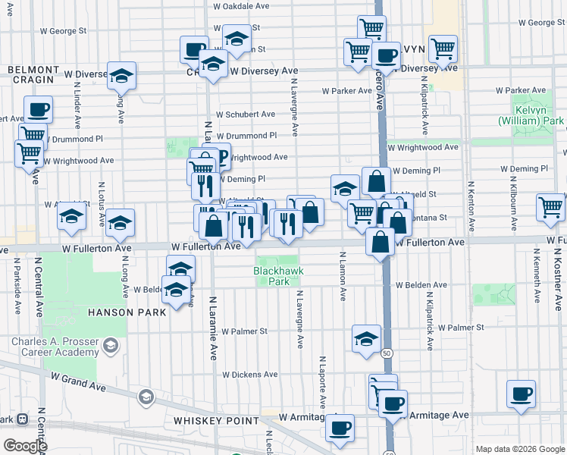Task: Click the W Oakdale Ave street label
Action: point(241,5)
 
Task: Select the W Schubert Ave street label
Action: point(245,115)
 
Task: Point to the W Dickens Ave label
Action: point(249,375)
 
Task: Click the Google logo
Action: point(25,446)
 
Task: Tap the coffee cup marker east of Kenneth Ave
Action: point(521,394)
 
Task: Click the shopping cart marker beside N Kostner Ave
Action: point(550,207)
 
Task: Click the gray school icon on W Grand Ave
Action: point(146,397)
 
